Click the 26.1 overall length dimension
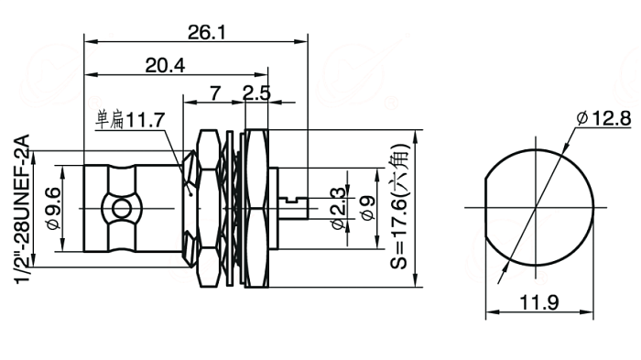coord(206,32)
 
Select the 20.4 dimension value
coord(165,65)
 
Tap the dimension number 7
coord(215,93)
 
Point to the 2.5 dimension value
coord(256,93)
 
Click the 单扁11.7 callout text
coord(130,120)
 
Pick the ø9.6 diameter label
coord(53,209)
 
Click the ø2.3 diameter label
coord(338,209)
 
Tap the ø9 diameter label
coord(367,209)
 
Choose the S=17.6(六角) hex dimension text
coord(399,207)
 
